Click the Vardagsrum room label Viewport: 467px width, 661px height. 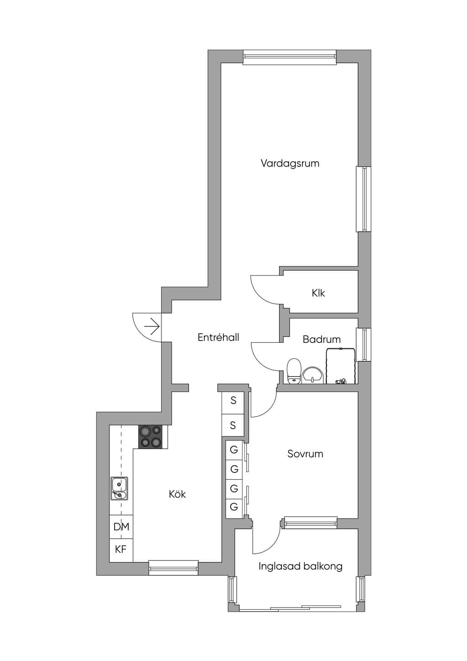290,163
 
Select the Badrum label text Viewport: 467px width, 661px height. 322,339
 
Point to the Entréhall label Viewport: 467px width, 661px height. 218,337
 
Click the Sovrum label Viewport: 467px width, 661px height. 305,453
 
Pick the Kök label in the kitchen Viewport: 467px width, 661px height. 177,494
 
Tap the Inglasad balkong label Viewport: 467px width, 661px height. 301,566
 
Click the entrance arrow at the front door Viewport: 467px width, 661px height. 152,326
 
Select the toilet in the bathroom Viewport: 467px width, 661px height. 294,371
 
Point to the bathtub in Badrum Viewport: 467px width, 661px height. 341,366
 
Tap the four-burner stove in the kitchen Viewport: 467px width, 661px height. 150,437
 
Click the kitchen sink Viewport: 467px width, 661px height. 119,488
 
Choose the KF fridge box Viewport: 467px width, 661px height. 121,551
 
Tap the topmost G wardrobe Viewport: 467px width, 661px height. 234,450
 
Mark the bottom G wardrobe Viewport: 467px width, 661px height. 234,507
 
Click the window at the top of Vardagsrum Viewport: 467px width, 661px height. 290,57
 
